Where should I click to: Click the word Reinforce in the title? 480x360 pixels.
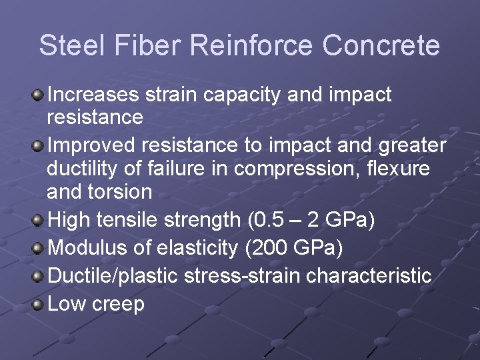click(251, 46)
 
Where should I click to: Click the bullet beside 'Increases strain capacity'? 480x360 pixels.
click(38, 95)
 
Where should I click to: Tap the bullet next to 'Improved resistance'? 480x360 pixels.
click(38, 145)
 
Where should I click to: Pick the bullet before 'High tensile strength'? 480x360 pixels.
click(38, 220)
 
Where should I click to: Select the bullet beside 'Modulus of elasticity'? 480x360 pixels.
click(38, 249)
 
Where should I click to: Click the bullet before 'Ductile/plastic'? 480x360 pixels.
click(38, 277)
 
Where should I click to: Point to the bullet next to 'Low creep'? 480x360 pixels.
click(38, 305)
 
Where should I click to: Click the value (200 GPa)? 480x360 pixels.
click(294, 248)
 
